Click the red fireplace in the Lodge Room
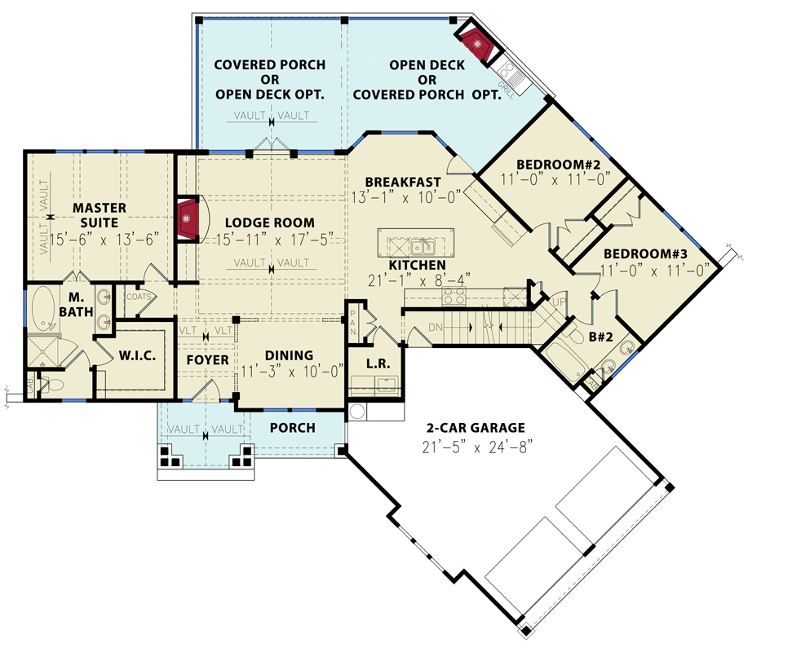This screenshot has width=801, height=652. [x=188, y=218]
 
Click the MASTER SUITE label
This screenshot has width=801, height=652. [x=99, y=215]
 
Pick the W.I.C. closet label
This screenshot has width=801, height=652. [x=138, y=355]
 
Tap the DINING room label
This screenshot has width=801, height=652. [x=289, y=355]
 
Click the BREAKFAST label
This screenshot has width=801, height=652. [x=403, y=181]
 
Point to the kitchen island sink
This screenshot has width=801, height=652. [x=421, y=245]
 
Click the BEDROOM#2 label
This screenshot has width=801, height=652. [x=554, y=162]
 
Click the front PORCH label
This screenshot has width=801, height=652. [x=292, y=428]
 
